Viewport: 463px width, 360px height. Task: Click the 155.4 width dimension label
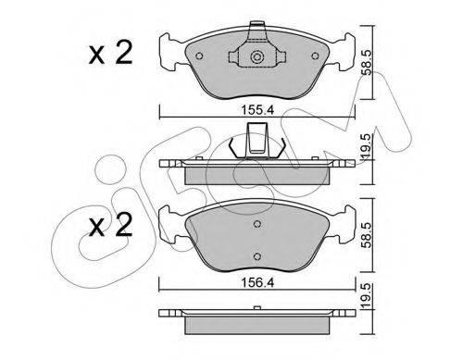[257, 110]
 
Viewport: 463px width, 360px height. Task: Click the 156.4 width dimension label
[257, 282]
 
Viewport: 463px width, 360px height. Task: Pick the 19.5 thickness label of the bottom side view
[368, 295]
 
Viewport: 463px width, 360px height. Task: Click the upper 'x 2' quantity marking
[110, 53]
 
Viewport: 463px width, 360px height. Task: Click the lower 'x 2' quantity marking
[110, 225]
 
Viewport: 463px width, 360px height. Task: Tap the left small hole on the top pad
[199, 56]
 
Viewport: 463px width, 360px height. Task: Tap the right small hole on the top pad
[315, 56]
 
